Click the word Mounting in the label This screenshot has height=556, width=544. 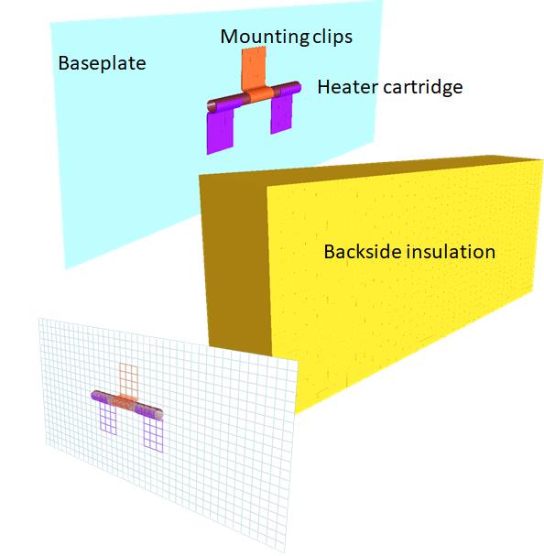[x=265, y=37]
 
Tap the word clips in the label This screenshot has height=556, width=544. [x=332, y=36]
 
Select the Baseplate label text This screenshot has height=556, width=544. [x=103, y=63]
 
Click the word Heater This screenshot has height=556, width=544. [x=347, y=87]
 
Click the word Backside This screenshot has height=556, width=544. [x=362, y=251]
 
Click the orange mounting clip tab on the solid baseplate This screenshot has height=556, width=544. [x=254, y=68]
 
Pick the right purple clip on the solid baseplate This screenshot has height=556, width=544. [x=281, y=114]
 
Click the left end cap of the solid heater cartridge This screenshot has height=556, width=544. [x=212, y=106]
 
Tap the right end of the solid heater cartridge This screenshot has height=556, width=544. [x=297, y=87]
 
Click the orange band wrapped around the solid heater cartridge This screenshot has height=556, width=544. [x=260, y=94]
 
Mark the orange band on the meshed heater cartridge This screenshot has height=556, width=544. [x=125, y=403]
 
